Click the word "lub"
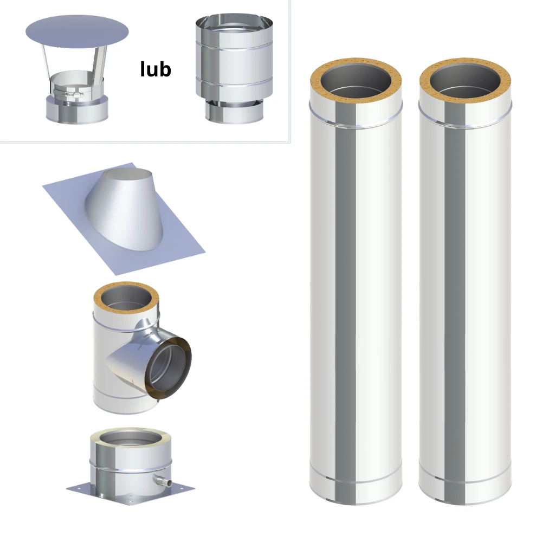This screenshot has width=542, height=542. (x=156, y=69)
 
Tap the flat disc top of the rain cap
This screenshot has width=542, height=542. (x=77, y=32)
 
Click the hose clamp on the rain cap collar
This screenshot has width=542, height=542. (x=68, y=93)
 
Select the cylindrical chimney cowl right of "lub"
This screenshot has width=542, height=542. (x=234, y=68)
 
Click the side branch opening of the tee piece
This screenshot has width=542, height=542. (x=169, y=368)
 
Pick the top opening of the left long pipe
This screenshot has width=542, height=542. (x=356, y=81)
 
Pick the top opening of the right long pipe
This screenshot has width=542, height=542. (x=465, y=81)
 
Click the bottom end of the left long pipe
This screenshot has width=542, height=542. (x=356, y=491)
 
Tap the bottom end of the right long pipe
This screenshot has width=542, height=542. (x=465, y=491)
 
